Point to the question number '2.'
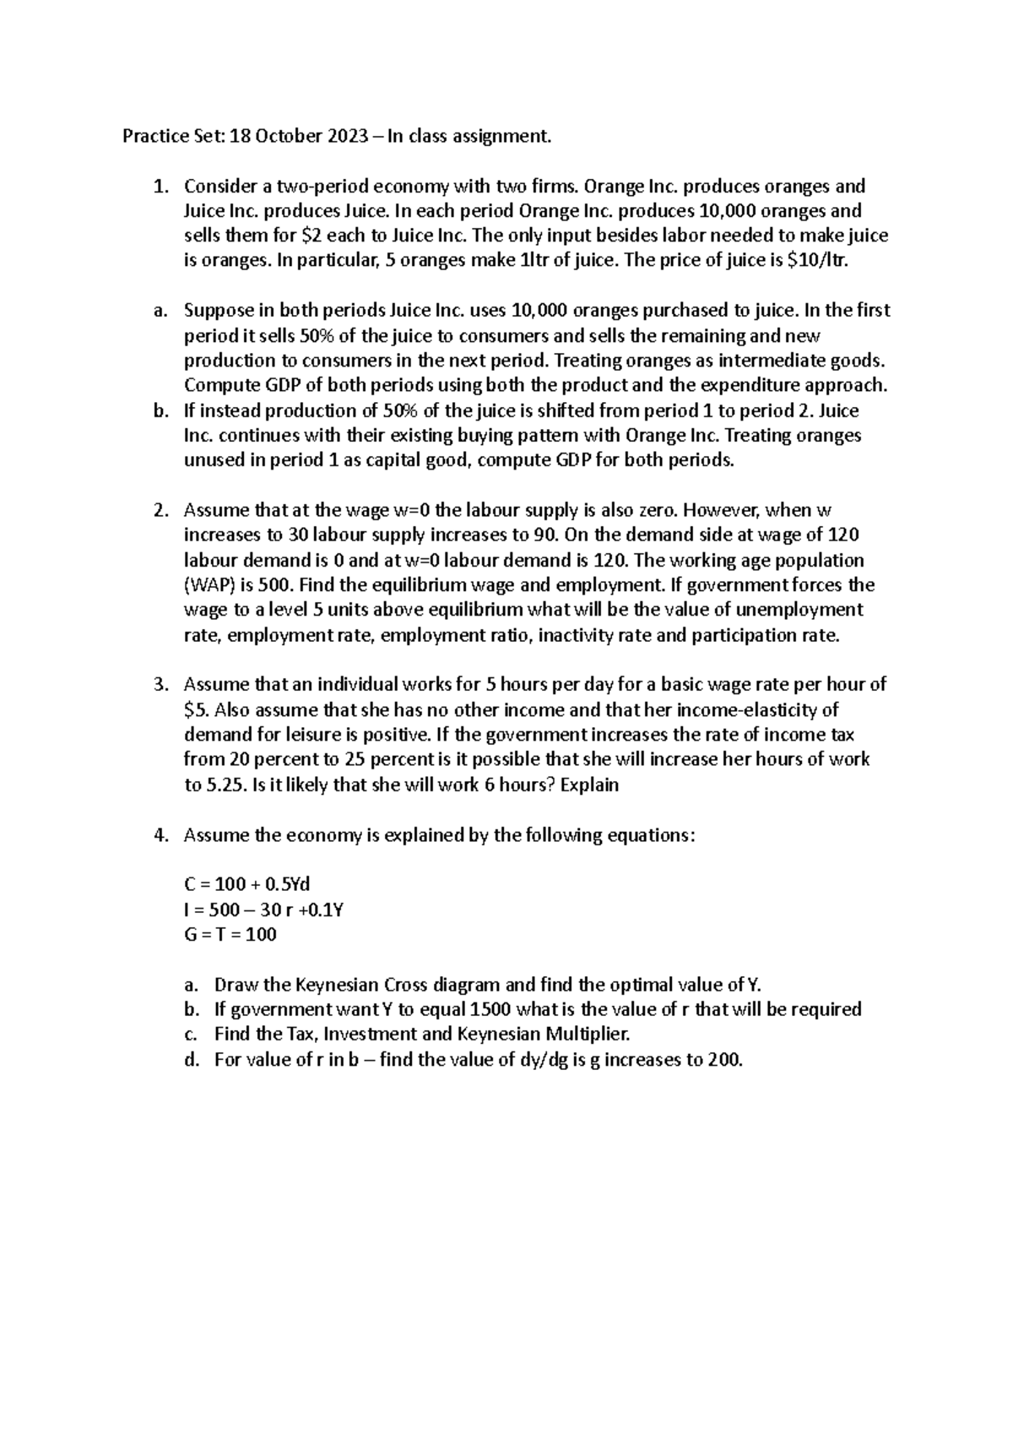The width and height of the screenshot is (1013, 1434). tap(161, 510)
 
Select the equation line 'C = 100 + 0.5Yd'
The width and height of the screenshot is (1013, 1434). tap(247, 884)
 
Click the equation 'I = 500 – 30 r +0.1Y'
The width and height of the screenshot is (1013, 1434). tap(263, 910)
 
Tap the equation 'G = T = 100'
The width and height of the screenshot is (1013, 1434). tap(230, 934)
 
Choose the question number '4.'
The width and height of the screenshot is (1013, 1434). tap(161, 835)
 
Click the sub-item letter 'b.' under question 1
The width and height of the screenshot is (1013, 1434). tap(161, 410)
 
